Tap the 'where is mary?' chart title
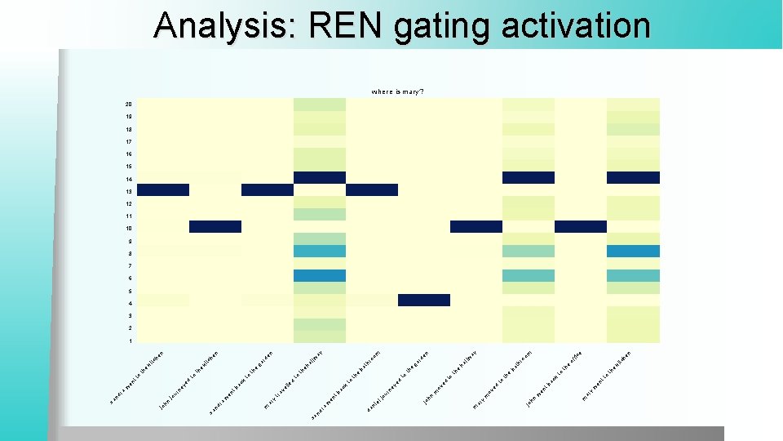[x=397, y=91]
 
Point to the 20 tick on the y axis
[x=129, y=105]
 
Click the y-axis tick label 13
[x=129, y=190]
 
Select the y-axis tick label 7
[x=129, y=265]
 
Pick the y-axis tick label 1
[x=129, y=340]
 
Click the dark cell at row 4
[x=424, y=300]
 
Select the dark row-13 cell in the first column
[x=163, y=189]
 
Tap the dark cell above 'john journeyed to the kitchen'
[x=215, y=226]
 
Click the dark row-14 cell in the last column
[x=633, y=177]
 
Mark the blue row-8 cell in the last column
[x=633, y=251]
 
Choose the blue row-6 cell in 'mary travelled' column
[x=320, y=275]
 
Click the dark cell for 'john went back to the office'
[x=581, y=226]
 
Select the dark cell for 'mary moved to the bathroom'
[x=529, y=177]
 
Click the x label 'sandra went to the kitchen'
[x=137, y=377]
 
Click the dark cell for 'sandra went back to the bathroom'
[x=372, y=189]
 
